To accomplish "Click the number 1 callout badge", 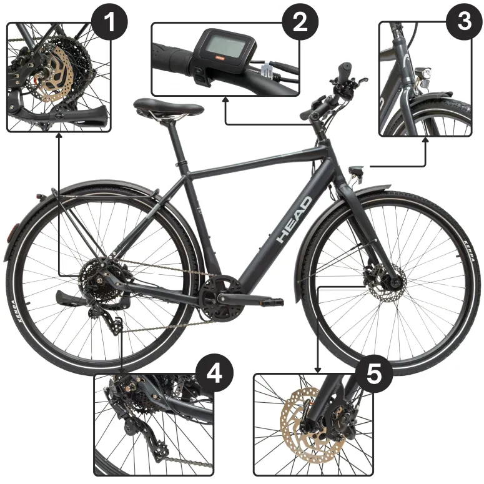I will (109, 23).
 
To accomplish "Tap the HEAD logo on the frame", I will (295, 220).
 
